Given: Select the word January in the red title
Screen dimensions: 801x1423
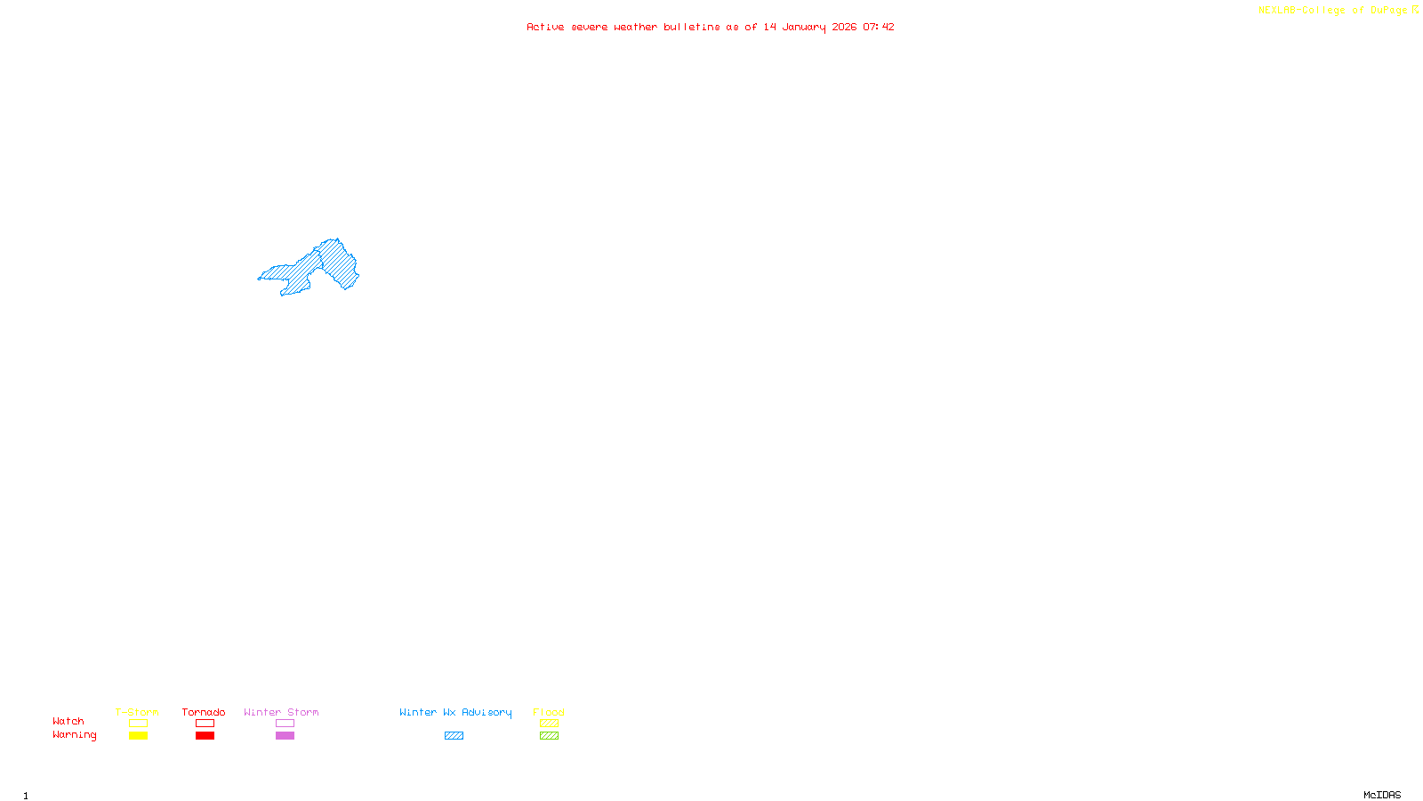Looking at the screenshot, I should (803, 27).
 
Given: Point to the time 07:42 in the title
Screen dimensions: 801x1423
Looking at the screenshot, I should (878, 27).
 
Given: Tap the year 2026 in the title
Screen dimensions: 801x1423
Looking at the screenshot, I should (844, 27).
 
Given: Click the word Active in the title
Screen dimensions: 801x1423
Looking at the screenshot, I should (544, 27).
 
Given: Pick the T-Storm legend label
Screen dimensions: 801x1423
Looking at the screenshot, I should (137, 712).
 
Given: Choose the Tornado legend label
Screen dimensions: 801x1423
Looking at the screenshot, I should (204, 712).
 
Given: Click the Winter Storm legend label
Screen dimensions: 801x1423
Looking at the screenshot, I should (281, 712).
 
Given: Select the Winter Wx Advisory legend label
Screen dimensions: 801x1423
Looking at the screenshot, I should (455, 712).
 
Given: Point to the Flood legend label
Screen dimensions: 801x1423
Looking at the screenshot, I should (549, 712).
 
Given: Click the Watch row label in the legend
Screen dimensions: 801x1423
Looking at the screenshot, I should (68, 721).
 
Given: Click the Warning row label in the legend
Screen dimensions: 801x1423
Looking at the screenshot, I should (74, 735).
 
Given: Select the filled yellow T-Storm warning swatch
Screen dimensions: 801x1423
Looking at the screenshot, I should (138, 736).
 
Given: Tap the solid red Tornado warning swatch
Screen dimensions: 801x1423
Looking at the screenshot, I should (205, 736).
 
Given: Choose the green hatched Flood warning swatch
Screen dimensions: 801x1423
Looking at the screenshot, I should (549, 736).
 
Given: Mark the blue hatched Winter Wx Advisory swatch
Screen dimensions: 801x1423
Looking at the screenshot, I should (454, 736).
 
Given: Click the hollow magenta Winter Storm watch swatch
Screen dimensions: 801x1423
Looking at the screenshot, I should (285, 724).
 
